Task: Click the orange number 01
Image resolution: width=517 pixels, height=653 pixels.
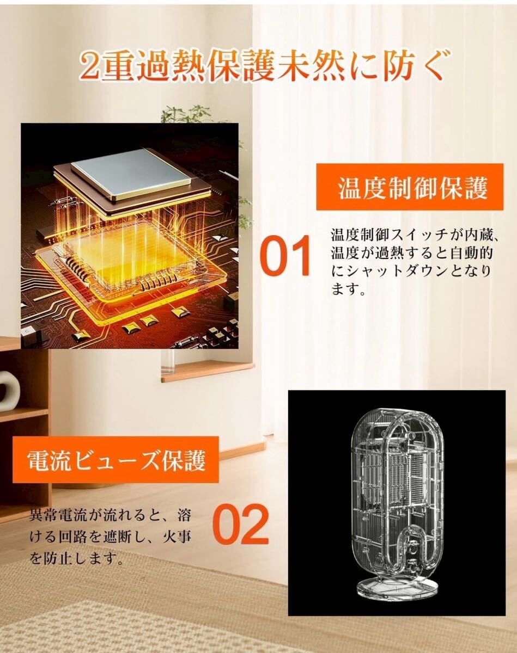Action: click(285, 256)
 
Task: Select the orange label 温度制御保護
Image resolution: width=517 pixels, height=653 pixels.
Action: click(410, 187)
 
